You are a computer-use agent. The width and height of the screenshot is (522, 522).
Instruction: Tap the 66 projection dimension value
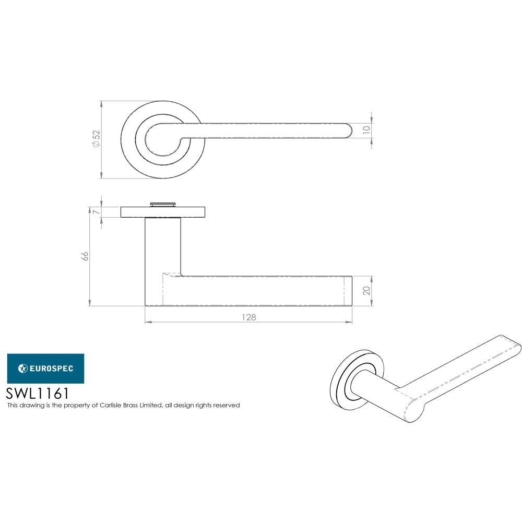point(85,256)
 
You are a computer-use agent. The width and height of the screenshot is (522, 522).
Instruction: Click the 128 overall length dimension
point(250,317)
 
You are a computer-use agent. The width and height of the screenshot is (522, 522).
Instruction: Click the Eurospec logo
point(45,369)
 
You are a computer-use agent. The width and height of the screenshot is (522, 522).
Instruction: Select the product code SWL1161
point(37,393)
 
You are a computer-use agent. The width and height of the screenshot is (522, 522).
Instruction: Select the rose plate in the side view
point(162,212)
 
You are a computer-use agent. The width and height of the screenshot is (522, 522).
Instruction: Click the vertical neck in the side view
point(162,245)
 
